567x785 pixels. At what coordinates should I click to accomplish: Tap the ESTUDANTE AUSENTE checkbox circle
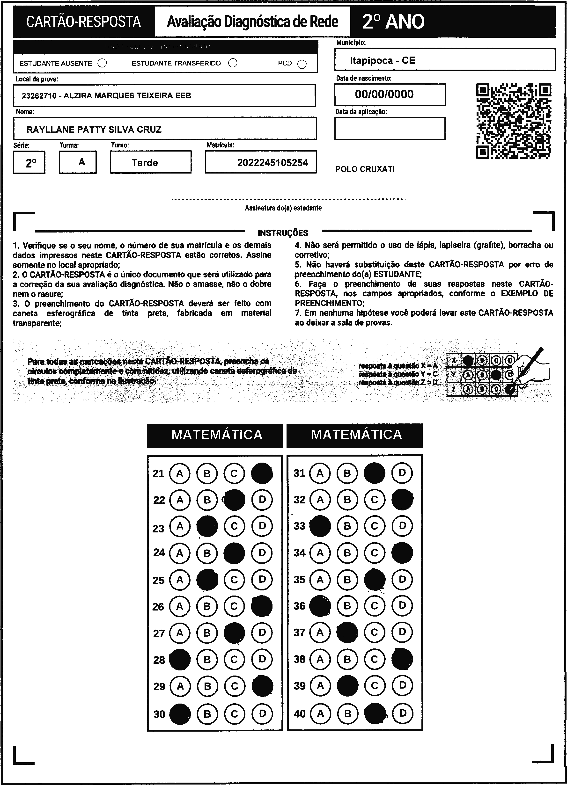click(x=102, y=63)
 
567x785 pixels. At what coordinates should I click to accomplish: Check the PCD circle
click(x=302, y=64)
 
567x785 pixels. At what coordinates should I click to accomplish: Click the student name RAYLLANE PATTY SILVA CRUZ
click(x=94, y=130)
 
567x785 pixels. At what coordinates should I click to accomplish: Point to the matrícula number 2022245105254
click(x=272, y=163)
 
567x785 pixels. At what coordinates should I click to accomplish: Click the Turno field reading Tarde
click(x=145, y=163)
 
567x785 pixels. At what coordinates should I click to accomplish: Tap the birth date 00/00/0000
click(x=384, y=94)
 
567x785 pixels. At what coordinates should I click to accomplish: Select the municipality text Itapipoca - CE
click(x=382, y=61)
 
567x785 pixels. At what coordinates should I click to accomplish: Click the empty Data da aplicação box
click(x=390, y=128)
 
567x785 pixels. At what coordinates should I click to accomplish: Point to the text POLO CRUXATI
click(x=365, y=169)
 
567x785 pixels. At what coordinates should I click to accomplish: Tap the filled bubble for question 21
click(x=262, y=473)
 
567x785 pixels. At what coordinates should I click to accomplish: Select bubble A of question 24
click(x=179, y=553)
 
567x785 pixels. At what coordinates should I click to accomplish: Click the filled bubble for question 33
click(x=320, y=526)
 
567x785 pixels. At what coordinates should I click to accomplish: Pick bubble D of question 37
click(x=402, y=632)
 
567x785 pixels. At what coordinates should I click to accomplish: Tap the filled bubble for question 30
click(x=180, y=714)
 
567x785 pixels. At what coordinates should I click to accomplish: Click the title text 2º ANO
click(x=393, y=22)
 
